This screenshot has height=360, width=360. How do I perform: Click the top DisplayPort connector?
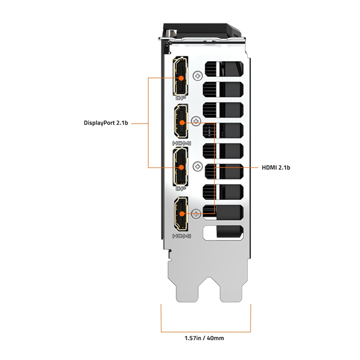coord(179,77)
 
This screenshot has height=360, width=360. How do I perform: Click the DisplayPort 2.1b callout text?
coord(106,124)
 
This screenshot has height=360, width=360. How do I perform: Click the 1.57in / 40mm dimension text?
coord(204,339)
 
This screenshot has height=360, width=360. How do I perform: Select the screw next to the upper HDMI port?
coord(197,121)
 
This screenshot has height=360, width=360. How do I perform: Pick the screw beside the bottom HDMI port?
coord(197,212)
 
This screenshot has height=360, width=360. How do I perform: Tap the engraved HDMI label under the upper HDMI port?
coord(181,143)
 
